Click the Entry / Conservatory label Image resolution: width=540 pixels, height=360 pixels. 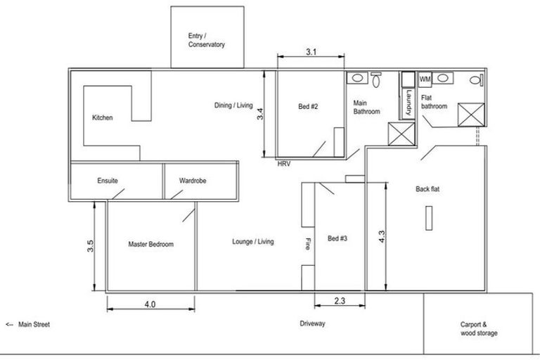pyautogui.click(x=206, y=40)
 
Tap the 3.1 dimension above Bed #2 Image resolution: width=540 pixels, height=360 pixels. pyautogui.click(x=311, y=52)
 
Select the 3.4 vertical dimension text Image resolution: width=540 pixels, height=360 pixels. pyautogui.click(x=260, y=114)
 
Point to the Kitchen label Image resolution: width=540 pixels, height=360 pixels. pyautogui.click(x=102, y=117)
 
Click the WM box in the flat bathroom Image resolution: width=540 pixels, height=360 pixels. pyautogui.click(x=425, y=79)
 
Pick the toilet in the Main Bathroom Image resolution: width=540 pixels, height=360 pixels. pyautogui.click(x=375, y=79)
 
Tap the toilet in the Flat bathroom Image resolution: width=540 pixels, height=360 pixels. pyautogui.click(x=477, y=80)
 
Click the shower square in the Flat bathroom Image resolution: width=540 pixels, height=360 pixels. pyautogui.click(x=471, y=115)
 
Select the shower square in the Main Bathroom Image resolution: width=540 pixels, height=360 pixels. pyautogui.click(x=401, y=134)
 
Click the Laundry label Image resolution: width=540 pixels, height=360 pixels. pyautogui.click(x=409, y=102)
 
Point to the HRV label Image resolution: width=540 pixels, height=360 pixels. pyautogui.click(x=284, y=164)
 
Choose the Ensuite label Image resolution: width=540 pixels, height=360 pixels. pyautogui.click(x=108, y=181)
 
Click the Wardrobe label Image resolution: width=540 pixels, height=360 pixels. pyautogui.click(x=193, y=181)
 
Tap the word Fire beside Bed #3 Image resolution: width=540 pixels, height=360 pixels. pyautogui.click(x=307, y=244)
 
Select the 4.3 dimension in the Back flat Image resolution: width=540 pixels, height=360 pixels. pyautogui.click(x=382, y=237)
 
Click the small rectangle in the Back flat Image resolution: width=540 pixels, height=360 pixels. pyautogui.click(x=429, y=218)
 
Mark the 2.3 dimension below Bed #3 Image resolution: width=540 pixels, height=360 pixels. pyautogui.click(x=340, y=301)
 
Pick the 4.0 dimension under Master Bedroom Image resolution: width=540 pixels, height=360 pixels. pyautogui.click(x=150, y=304)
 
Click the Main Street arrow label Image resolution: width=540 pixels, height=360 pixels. pyautogui.click(x=28, y=325)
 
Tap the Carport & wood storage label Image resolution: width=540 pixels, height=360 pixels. pyautogui.click(x=479, y=328)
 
